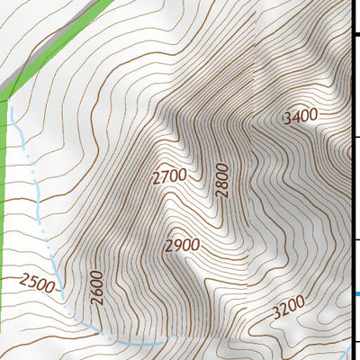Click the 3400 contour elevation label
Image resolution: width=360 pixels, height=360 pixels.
[x=300, y=117]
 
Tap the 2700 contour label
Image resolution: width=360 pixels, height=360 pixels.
[x=170, y=176]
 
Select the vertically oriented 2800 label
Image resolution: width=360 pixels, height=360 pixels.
[x=222, y=180]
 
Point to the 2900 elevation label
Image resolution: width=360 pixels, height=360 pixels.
[x=183, y=245]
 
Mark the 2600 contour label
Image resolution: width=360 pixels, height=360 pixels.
[x=97, y=286]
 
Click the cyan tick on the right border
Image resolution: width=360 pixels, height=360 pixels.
[x=356, y=293]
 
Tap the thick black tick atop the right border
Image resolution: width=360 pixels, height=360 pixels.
[x=355, y=33]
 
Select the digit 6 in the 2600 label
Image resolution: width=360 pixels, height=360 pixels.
[x=97, y=293]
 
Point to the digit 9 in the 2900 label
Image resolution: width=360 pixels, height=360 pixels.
[x=177, y=246]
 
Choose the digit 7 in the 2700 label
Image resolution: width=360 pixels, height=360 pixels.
[x=165, y=178]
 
